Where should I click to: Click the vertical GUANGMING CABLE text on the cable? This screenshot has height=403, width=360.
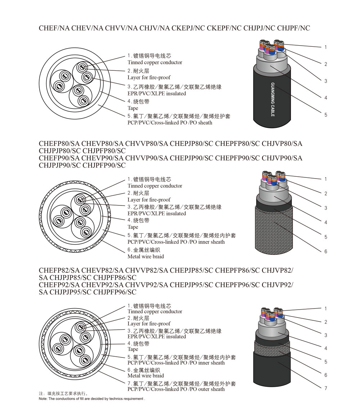pyautogui.click(x=272, y=99)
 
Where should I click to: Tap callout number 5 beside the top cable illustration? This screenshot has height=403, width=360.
pyautogui.click(x=326, y=115)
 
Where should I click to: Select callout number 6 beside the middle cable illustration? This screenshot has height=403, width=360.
pyautogui.click(x=326, y=251)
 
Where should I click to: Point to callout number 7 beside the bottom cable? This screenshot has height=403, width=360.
pyautogui.click(x=326, y=388)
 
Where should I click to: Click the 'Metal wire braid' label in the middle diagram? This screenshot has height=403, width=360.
pyautogui.click(x=145, y=256)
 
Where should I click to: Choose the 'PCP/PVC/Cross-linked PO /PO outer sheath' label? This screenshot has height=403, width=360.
pyautogui.click(x=176, y=389)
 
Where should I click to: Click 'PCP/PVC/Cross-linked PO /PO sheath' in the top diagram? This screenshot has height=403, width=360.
pyautogui.click(x=170, y=122)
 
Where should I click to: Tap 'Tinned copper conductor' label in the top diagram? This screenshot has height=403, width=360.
pyautogui.click(x=155, y=62)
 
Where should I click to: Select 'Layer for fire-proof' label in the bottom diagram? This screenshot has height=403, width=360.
pyautogui.click(x=149, y=324)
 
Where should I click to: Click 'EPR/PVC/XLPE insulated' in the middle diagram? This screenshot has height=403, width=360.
pyautogui.click(x=157, y=213)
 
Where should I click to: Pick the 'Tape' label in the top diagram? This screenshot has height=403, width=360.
pyautogui.click(x=133, y=108)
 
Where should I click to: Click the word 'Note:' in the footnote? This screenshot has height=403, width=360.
pyautogui.click(x=43, y=399)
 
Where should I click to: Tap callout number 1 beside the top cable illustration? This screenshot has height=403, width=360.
pyautogui.click(x=326, y=47)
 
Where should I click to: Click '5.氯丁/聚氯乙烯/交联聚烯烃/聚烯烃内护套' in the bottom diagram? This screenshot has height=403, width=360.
pyautogui.click(x=182, y=357)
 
